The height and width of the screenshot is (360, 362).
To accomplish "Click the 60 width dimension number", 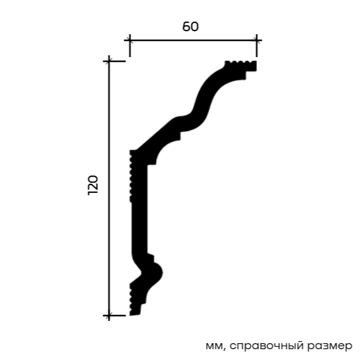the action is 190,26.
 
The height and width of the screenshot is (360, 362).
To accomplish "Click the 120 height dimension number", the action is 93,185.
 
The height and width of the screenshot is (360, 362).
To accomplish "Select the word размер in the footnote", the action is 330,346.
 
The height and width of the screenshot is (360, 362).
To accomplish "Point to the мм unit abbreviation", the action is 215,346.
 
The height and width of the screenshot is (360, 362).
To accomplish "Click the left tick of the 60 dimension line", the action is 130,40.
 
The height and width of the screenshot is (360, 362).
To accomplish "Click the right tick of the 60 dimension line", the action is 256,40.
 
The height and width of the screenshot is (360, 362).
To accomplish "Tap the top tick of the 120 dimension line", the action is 109,61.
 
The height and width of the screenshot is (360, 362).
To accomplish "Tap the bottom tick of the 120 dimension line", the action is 109,315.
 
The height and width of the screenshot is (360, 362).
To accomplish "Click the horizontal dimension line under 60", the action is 193,40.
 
